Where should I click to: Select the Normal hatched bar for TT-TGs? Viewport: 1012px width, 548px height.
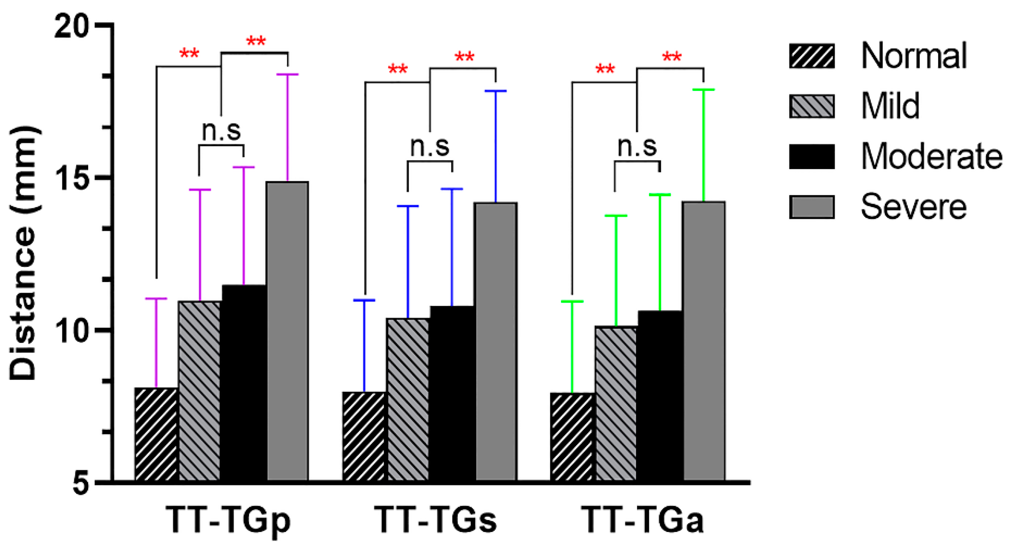[364, 436]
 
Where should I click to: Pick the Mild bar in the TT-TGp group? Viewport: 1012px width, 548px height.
[200, 391]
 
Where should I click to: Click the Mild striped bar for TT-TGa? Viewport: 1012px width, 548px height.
[616, 403]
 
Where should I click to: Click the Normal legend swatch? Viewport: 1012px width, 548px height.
[812, 56]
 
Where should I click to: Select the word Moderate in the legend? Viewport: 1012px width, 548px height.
[931, 157]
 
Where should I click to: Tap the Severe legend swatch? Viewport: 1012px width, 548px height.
[812, 207]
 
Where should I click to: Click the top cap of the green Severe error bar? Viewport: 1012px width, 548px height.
[704, 90]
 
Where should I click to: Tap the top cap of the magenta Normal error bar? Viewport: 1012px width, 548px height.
[156, 298]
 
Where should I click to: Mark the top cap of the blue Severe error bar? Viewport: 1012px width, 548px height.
[496, 91]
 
